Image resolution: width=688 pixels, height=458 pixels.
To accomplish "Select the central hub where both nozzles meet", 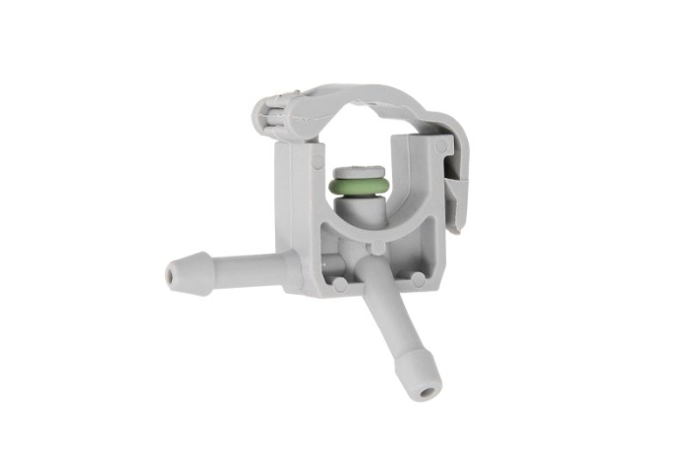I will point(359,263).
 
